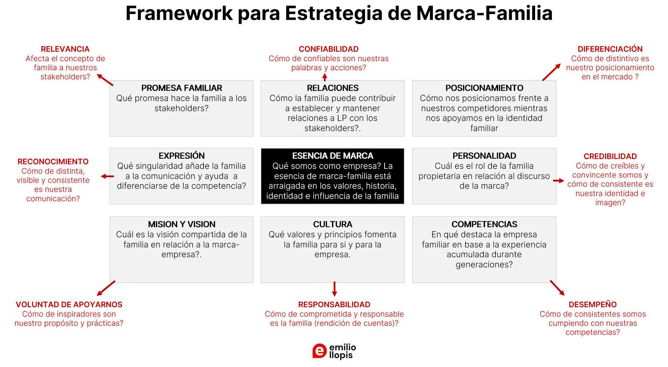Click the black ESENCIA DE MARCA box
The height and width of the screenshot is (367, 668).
click(332, 176)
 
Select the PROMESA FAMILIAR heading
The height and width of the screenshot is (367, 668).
click(182, 88)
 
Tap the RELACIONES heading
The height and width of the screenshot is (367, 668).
click(333, 88)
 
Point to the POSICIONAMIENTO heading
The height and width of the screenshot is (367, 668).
click(484, 88)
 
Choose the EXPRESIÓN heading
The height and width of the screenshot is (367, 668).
click(182, 156)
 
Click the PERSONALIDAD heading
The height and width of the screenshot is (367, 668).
click(484, 156)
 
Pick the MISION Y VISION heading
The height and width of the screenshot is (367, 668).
click(182, 224)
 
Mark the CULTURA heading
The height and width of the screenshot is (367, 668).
click(333, 224)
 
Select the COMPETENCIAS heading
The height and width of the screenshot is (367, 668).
click(484, 224)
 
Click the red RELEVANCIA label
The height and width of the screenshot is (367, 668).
click(65, 49)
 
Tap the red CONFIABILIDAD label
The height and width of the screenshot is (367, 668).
click(328, 49)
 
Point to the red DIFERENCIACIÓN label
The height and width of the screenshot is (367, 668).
click(610, 49)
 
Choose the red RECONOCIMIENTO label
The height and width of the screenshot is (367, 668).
click(53, 162)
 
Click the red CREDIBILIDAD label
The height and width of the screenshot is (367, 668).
click(610, 157)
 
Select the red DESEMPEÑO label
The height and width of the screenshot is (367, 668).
click(592, 305)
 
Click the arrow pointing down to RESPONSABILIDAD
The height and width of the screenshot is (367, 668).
click(334, 289)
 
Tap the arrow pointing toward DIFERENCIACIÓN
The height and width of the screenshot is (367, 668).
click(551, 72)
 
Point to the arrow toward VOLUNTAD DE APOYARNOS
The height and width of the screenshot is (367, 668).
click(106, 288)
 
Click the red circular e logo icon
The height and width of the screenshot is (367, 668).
click(319, 351)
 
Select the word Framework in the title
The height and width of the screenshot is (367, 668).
click(179, 13)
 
